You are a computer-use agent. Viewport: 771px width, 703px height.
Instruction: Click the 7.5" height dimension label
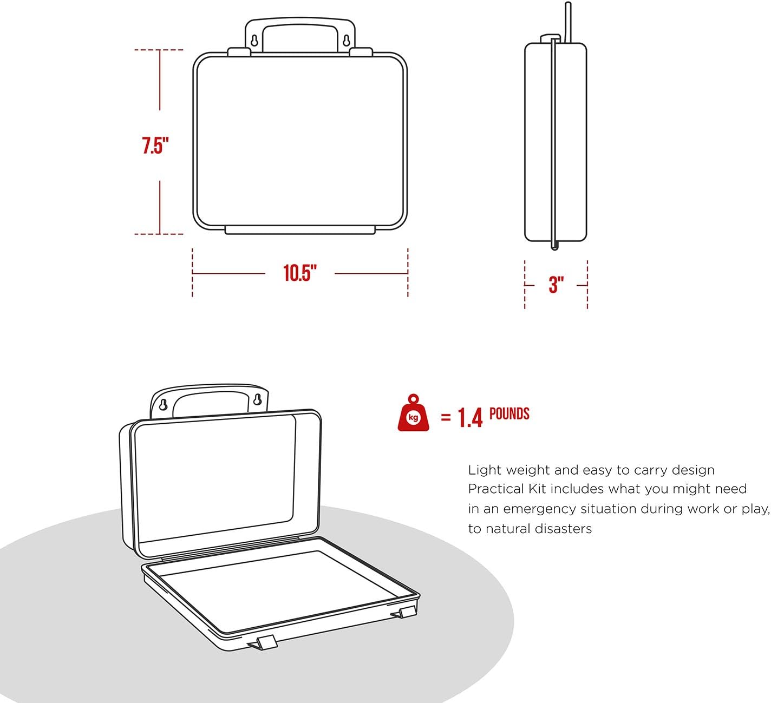tap(155, 146)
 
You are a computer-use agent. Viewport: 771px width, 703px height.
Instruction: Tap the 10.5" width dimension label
tap(300, 273)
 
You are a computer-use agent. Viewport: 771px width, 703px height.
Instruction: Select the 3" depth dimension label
tap(556, 285)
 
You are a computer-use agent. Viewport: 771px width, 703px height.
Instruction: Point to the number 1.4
tap(470, 418)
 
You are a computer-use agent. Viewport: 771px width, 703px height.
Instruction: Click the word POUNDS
tap(509, 414)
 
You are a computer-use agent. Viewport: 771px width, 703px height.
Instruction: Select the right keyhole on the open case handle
tap(258, 400)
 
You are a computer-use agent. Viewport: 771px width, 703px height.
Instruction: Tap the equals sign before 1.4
tap(446, 418)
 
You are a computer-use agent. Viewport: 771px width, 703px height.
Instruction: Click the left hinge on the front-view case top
tap(239, 52)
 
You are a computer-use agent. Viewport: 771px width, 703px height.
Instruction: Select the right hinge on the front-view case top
tap(361, 52)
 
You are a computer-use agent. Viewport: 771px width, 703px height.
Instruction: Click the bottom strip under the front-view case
tap(300, 231)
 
